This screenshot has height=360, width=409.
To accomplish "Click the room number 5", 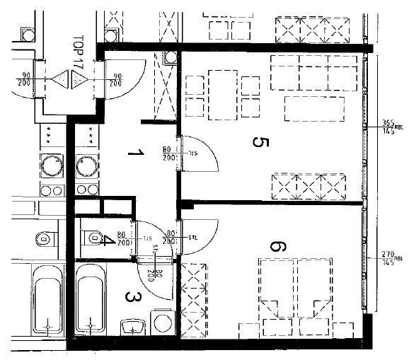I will tap(259, 143).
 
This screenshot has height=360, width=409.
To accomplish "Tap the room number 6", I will tap(278, 247).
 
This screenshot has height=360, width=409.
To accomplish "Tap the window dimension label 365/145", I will tap(388, 126).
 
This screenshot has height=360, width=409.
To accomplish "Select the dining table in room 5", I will tap(222, 86).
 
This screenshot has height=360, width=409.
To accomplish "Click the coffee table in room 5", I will tap(314, 108).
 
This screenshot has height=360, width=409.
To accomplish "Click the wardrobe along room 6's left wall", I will tap(193, 298).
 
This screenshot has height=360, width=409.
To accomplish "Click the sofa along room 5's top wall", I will tap(311, 71).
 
